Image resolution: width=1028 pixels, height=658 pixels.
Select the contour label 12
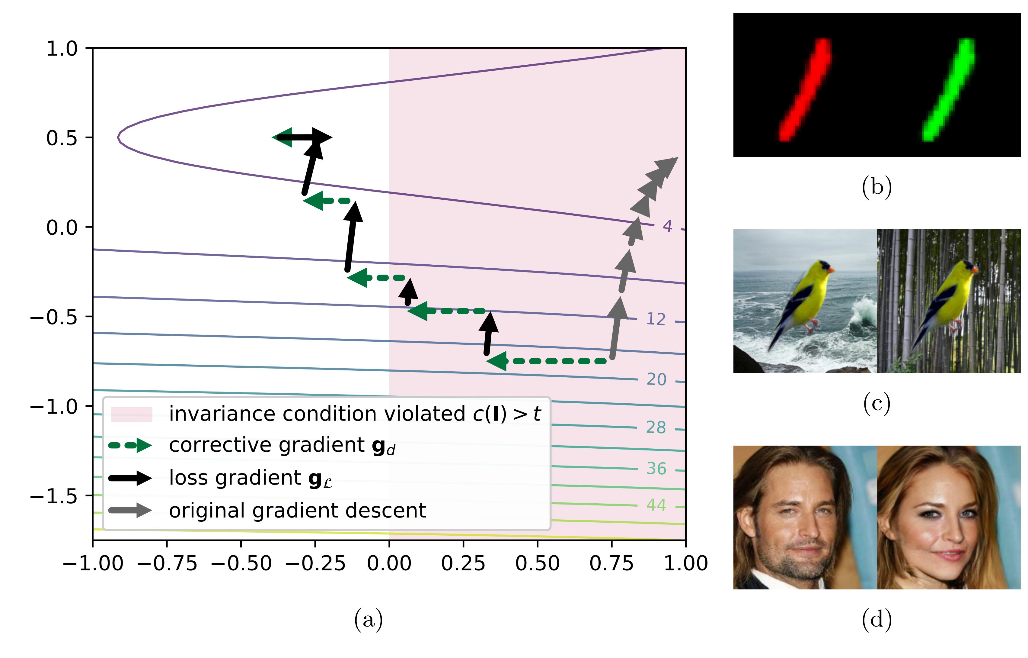[656, 319]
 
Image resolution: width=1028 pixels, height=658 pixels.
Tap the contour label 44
[656, 505]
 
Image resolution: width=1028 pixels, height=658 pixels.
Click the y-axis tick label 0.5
[62, 138]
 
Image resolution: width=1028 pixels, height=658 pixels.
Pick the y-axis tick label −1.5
[54, 496]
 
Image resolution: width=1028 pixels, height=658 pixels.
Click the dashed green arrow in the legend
[130, 446]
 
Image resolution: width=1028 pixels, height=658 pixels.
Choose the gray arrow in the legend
[130, 511]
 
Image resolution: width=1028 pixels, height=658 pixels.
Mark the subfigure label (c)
[876, 404]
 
